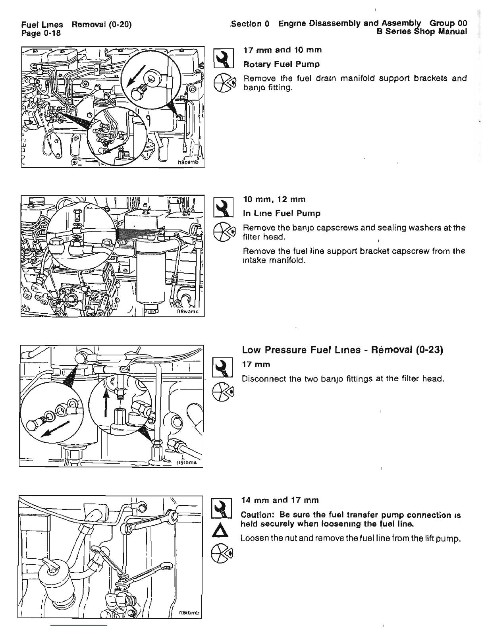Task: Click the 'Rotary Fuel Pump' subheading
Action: click(281, 64)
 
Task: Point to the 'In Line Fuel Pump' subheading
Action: click(282, 213)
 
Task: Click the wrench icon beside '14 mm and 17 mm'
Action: click(222, 508)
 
